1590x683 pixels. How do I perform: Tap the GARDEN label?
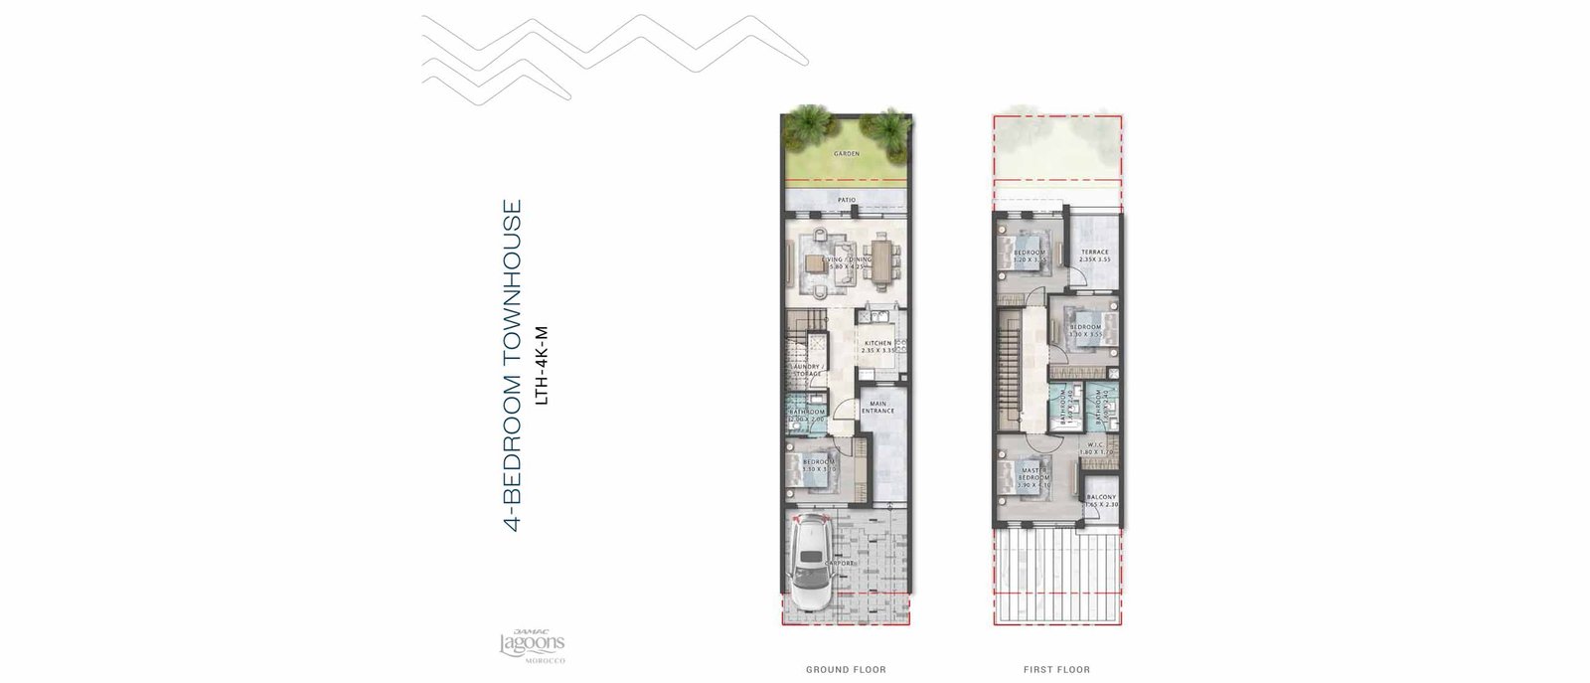847,154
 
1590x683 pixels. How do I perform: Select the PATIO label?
847,200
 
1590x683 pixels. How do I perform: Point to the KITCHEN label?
878,343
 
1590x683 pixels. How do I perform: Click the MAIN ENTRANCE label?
878,407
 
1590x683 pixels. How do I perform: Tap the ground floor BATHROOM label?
807,412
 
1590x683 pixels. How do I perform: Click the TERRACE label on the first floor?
1095,253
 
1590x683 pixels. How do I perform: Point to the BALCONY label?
1101,497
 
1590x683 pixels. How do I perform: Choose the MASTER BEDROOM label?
1034,473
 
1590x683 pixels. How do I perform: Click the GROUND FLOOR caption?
846,670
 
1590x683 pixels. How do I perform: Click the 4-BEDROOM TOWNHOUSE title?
513,366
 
